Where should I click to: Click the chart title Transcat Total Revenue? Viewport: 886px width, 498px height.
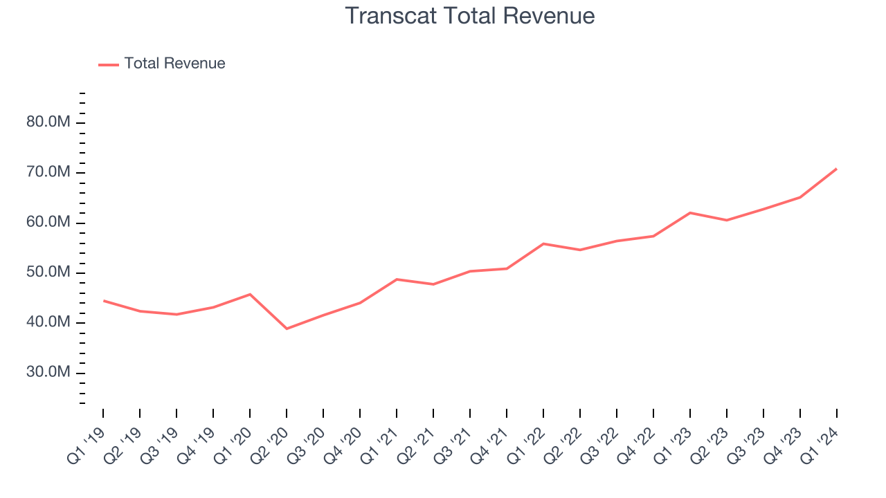click(x=469, y=16)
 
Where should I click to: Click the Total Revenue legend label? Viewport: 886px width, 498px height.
click(x=174, y=64)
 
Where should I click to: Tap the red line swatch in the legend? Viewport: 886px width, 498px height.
click(x=109, y=64)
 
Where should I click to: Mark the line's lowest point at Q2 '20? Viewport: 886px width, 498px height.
click(x=287, y=329)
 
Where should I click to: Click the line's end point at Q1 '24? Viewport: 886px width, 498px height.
click(x=836, y=169)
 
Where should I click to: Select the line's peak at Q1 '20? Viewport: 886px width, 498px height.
click(x=250, y=294)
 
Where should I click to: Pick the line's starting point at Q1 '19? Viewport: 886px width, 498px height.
click(x=103, y=301)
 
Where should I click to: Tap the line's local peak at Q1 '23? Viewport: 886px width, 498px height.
click(x=690, y=212)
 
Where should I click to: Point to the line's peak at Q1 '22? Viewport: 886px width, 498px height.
click(x=543, y=243)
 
